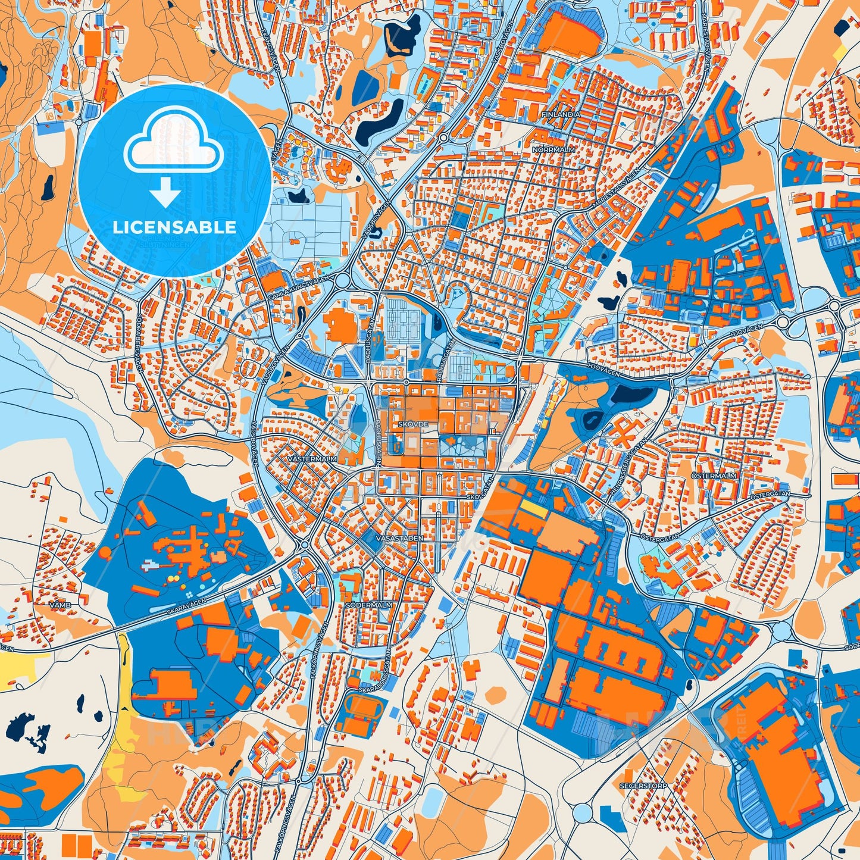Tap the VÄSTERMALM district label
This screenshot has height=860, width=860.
coord(312,459)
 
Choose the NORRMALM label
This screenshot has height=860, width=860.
coord(554,150)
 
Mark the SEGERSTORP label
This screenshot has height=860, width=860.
coord(643,786)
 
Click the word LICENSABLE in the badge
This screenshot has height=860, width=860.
coord(174,227)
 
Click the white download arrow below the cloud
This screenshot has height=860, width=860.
coord(165,193)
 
